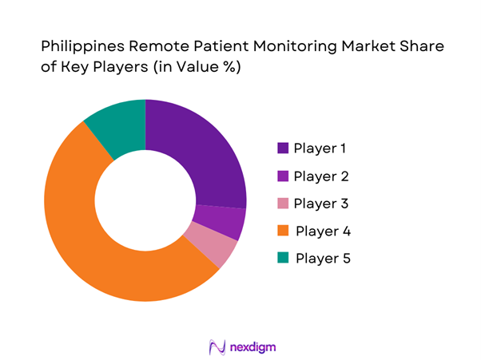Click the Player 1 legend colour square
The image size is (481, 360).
tap(283, 148)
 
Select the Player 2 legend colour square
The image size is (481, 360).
tap(283, 176)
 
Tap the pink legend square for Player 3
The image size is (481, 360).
tap(283, 204)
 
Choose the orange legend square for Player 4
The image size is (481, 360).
tap(283, 231)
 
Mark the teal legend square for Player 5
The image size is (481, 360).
tap(283, 259)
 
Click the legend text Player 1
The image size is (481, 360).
tap(320, 148)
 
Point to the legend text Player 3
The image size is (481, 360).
tap(320, 204)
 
